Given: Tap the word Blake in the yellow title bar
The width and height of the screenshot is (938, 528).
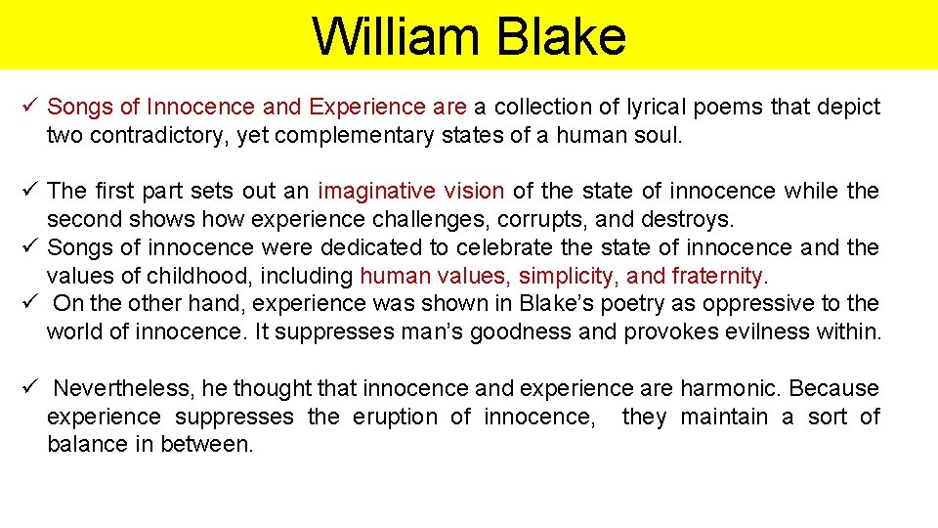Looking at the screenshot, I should point(561,36).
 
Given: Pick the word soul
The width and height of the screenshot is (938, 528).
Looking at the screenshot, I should point(659,135).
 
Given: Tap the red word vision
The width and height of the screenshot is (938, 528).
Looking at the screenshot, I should point(473,191).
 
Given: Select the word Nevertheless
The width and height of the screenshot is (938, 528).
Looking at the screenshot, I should point(127,388).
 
